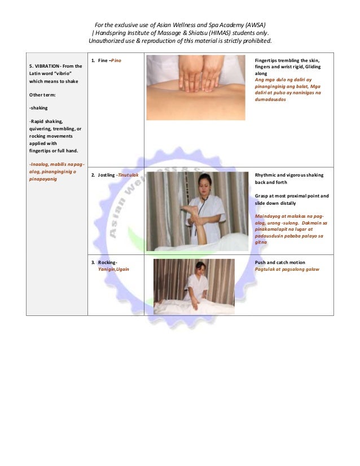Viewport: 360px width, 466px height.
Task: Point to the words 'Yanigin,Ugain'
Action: coord(113,270)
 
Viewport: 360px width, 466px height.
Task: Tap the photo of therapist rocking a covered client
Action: coord(193,286)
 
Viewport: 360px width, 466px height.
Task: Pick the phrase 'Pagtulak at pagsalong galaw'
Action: coord(287,269)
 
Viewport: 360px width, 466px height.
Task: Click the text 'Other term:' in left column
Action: coord(44,95)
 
